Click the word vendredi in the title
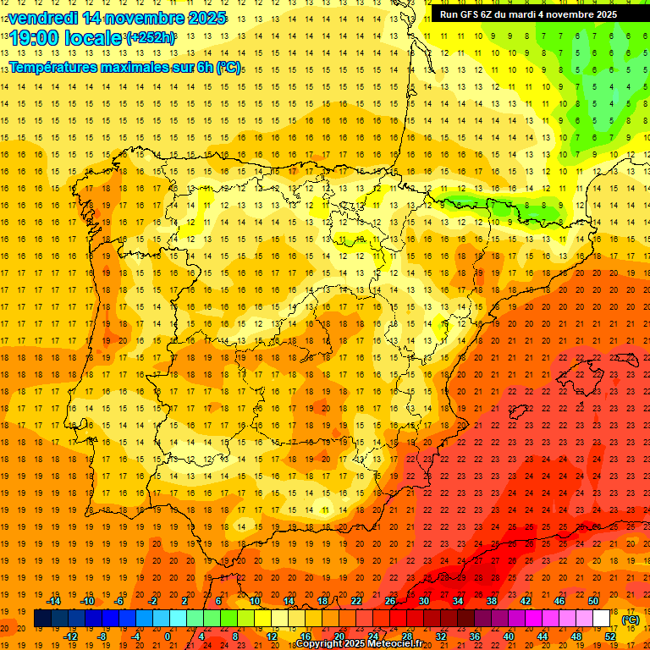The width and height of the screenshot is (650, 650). pos(46,18)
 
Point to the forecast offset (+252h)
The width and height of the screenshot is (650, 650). pos(150,38)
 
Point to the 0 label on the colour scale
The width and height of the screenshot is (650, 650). pos(168,636)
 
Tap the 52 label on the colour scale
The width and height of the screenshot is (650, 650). pos(610,636)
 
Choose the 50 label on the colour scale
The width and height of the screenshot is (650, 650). pos(593,601)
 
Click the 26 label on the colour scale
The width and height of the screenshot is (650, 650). pos(390,601)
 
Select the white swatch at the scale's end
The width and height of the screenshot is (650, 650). pos(602,619)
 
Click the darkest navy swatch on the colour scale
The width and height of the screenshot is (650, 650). pos(42,619)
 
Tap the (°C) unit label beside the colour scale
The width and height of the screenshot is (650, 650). pos(631,620)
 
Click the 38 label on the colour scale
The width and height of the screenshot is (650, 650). pos(492,601)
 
